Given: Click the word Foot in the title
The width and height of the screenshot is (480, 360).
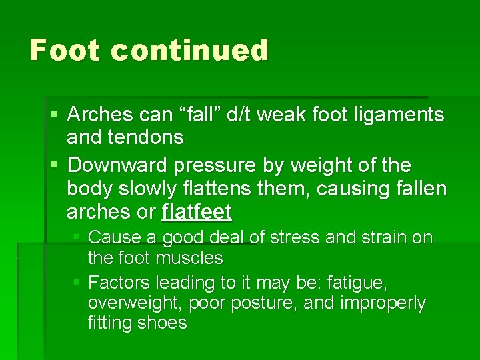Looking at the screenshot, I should (x=64, y=51).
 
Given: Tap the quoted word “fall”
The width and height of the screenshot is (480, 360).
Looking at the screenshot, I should (x=204, y=115).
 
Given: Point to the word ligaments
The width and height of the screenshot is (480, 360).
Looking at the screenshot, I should (x=398, y=115).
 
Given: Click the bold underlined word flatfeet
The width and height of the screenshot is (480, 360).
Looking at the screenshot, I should (x=197, y=213).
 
